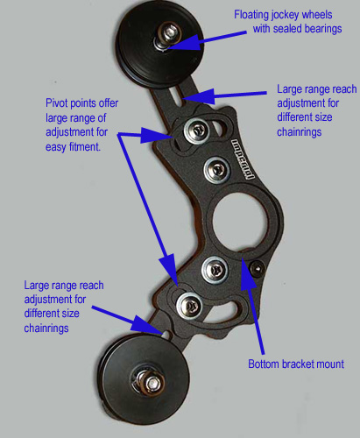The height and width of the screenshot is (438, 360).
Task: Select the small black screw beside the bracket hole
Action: pos(257,268)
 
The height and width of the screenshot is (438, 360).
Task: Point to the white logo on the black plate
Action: pos(243,159)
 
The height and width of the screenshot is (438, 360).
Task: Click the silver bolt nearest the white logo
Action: pos(217,170)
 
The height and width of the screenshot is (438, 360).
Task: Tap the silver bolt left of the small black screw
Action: pos(215,270)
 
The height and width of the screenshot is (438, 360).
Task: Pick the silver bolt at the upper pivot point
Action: pos(196,131)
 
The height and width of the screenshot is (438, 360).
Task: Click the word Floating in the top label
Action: pos(251,15)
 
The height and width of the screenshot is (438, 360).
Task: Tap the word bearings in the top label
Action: pos(323,29)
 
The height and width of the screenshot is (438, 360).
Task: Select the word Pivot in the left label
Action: pos(56,103)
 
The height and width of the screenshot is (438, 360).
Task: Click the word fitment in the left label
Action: pos(85,146)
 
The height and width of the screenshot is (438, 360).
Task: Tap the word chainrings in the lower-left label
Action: pos(46,328)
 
